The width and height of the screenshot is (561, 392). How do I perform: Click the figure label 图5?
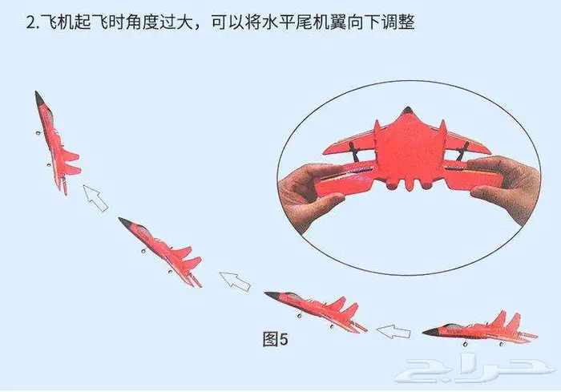tap(275, 339)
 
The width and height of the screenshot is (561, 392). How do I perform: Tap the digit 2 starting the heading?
tap(30, 22)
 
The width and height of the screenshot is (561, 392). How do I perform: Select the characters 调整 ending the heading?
tap(398, 22)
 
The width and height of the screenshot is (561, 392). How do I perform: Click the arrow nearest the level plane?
tap(394, 332)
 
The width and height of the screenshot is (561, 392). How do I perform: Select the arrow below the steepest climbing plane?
tap(95, 198)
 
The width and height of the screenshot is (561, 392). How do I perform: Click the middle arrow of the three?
tap(235, 281)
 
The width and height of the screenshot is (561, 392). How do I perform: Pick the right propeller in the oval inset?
tap(462, 152)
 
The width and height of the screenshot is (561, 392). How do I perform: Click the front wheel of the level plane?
tap(465, 345)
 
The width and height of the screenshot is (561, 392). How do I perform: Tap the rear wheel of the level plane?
tap(501, 344)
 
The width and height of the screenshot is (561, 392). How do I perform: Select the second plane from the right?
tap(316, 313)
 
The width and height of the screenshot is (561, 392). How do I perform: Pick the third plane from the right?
tap(160, 252)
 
